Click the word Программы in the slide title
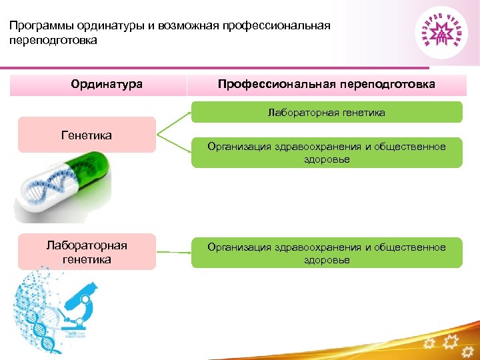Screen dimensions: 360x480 pyautogui.click(x=38, y=26)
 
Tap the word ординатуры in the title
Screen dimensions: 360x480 pyautogui.click(x=105, y=26)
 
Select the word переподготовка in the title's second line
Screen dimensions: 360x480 pyautogui.click(x=53, y=41)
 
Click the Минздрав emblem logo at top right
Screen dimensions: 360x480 pyautogui.click(x=441, y=33)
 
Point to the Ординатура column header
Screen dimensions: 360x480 pyautogui.click(x=107, y=85)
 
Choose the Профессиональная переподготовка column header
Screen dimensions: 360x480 pyautogui.click(x=327, y=85)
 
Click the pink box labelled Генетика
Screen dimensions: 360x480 pyautogui.click(x=87, y=135)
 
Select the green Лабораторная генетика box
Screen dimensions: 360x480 pyautogui.click(x=327, y=113)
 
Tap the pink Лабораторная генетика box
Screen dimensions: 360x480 pyautogui.click(x=87, y=252)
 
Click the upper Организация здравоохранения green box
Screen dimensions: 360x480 pyautogui.click(x=327, y=153)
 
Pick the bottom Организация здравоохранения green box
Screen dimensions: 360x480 pyautogui.click(x=327, y=253)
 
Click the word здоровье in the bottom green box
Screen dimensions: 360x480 pyautogui.click(x=327, y=260)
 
